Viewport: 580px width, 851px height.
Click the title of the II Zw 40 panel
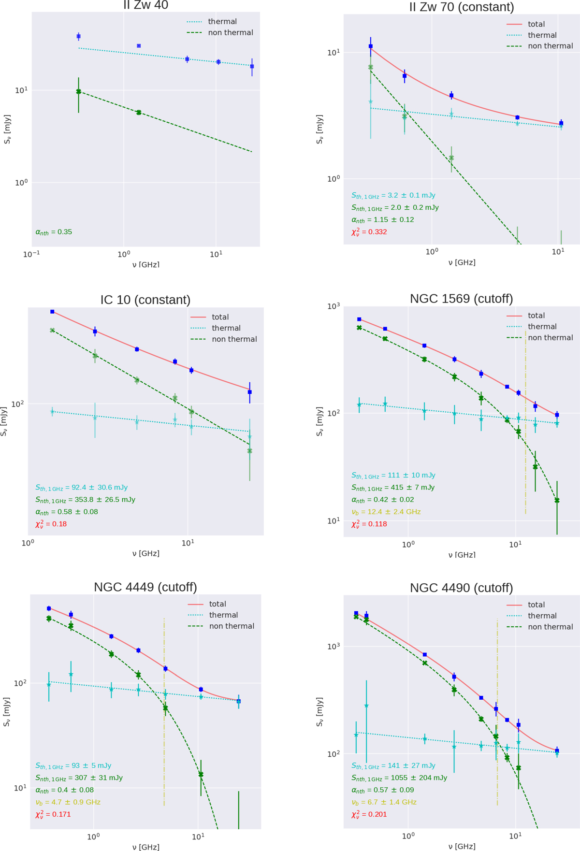(145, 5)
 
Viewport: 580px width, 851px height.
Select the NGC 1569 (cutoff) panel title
(461, 299)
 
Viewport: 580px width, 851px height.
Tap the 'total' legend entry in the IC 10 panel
(220, 317)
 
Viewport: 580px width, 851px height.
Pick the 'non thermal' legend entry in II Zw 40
(231, 32)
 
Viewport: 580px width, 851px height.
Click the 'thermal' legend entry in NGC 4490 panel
(542, 616)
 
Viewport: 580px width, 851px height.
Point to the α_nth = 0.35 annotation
(54, 232)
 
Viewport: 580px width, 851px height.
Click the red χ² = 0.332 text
(369, 232)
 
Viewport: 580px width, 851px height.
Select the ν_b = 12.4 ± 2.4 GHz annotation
(386, 512)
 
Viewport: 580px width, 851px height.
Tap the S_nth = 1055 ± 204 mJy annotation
(399, 778)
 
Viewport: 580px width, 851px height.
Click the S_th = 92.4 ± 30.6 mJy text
(81, 488)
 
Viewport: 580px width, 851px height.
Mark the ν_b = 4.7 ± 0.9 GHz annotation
(68, 802)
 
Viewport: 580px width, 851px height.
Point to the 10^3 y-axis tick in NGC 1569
(333, 306)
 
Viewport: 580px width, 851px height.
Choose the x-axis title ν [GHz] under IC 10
(145, 553)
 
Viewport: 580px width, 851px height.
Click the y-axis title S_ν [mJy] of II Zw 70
(319, 129)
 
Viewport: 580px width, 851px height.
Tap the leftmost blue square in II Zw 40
(79, 36)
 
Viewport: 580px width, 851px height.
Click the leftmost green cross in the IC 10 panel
(52, 331)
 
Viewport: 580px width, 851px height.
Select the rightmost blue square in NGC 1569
(557, 415)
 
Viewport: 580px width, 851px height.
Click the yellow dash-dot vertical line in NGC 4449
(164, 725)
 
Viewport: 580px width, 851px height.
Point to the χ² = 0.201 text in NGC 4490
(369, 814)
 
